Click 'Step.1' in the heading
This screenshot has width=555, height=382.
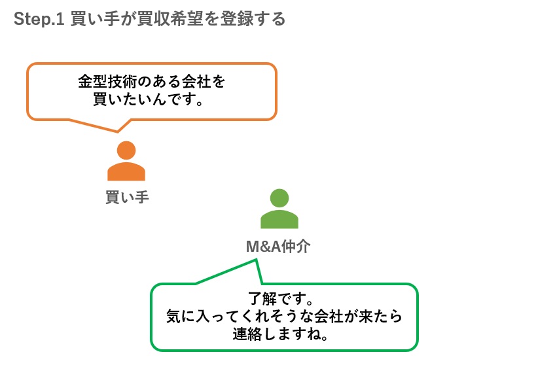(x=37, y=19)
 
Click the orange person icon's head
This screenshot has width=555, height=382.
(x=126, y=150)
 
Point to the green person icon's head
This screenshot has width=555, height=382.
(x=279, y=198)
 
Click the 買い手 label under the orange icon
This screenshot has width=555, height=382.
(x=127, y=196)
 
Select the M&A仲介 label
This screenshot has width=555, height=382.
(x=278, y=247)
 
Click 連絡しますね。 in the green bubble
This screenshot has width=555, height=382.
(x=283, y=334)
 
